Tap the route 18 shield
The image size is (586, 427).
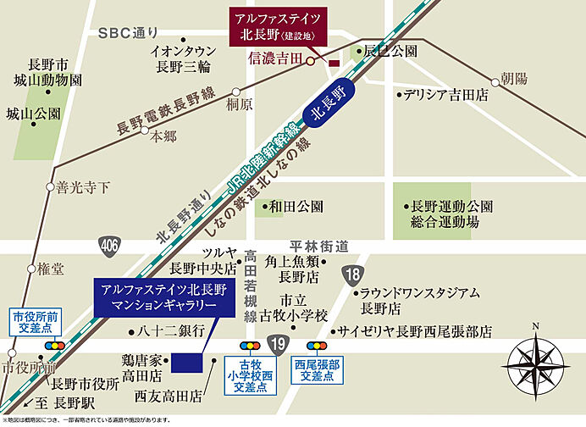(x=354, y=274)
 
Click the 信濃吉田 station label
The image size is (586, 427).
(x=275, y=60)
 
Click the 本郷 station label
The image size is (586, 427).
(x=164, y=135)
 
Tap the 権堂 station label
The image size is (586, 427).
(x=51, y=269)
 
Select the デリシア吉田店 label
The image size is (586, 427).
(x=445, y=95)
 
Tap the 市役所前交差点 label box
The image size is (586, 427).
(x=32, y=321)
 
